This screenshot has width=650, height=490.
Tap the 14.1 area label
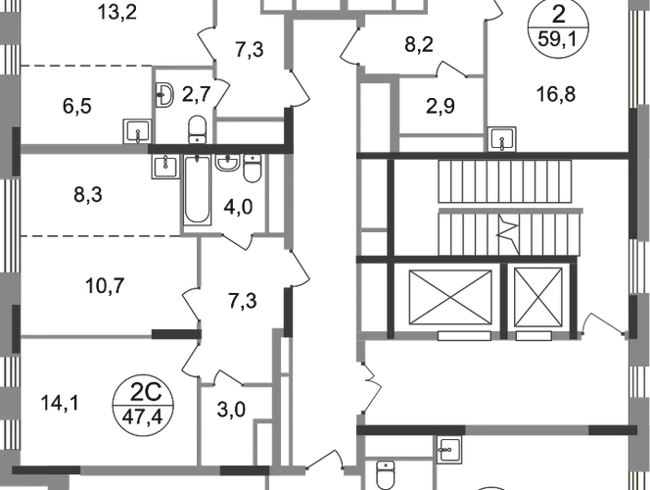(52, 400)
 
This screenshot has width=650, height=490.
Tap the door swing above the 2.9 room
(450, 70)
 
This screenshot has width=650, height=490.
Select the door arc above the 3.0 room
(227, 375)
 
